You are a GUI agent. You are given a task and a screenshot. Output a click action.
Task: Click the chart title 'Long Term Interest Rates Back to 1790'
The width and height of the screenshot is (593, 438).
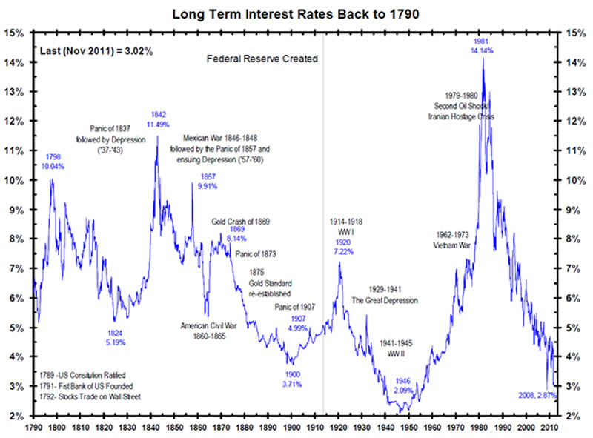[x=296, y=13]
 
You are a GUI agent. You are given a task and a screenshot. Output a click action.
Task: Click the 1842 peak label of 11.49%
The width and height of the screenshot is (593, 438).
[x=157, y=120]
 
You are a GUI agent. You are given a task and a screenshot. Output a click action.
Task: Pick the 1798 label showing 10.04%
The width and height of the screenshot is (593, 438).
[x=53, y=162]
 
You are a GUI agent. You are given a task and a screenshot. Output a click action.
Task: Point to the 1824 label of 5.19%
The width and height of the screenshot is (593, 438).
[x=116, y=337]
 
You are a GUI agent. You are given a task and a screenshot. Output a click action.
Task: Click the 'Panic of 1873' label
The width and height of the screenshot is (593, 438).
[x=256, y=254]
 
